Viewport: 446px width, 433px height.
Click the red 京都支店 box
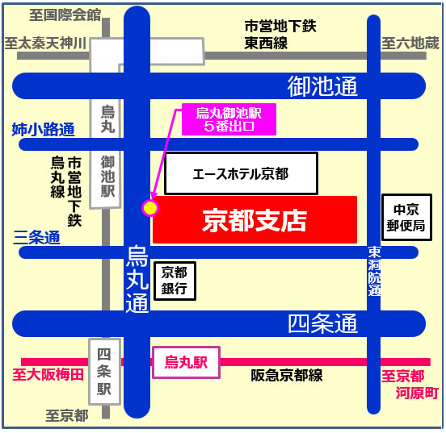coord(255,219)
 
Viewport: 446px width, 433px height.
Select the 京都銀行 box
coord(175,281)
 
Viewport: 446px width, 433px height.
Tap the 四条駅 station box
coord(103,370)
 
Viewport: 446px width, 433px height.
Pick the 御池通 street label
coord(322,85)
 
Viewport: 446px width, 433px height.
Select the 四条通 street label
coord(322,324)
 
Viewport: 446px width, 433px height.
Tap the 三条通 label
coord(37,238)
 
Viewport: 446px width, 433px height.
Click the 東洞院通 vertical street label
coord(374,270)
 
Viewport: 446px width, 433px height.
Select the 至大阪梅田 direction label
coord(48,375)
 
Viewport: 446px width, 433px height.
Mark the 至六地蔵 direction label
coord(410,43)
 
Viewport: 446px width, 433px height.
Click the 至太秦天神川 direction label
coord(45,43)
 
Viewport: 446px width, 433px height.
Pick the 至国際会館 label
coord(65,15)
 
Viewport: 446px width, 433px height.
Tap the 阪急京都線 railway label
coord(287,375)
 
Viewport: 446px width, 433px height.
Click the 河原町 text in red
coord(417,393)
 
